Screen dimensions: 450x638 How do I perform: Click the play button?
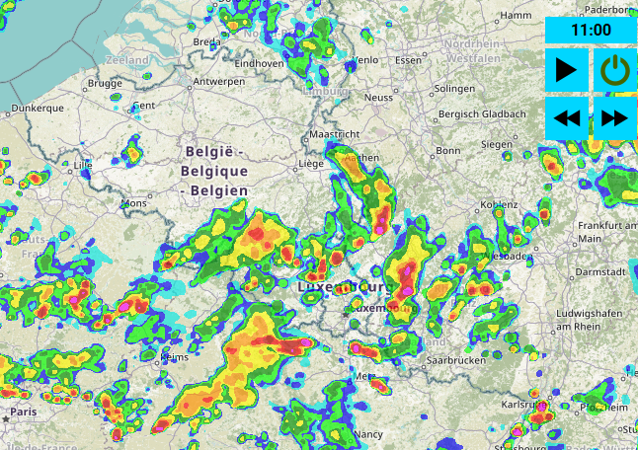566,70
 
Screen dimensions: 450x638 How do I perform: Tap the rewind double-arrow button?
566,118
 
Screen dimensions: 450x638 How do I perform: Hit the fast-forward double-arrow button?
614,118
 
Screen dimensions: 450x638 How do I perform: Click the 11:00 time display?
590,30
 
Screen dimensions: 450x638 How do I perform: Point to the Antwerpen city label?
219,81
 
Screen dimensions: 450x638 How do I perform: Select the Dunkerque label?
38,108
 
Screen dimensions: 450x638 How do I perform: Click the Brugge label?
105,84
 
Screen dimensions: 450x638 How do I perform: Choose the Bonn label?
448,150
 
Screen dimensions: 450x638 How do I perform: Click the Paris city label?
22,411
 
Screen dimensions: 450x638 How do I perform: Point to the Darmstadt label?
601,270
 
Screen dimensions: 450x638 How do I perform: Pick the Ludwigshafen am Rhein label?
593,320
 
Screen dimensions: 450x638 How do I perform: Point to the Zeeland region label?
127,60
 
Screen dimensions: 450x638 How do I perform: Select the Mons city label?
132,203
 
